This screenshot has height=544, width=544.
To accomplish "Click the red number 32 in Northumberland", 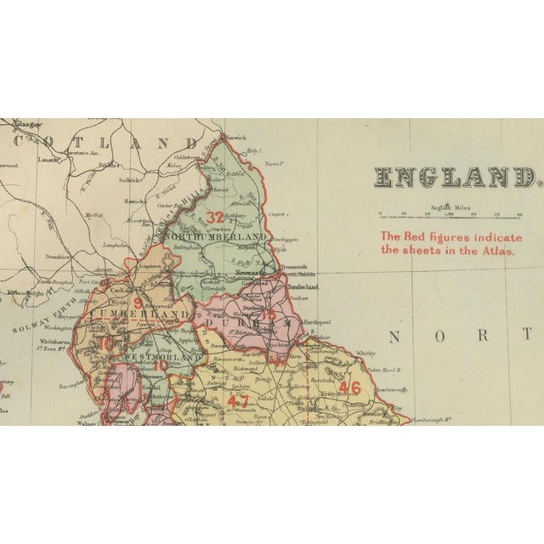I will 216,216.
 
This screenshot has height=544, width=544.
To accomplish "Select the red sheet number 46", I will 348,388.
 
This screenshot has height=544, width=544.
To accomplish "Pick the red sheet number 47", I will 239,400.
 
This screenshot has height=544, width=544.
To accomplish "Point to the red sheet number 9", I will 138,298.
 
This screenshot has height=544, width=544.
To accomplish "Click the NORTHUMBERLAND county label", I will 216,235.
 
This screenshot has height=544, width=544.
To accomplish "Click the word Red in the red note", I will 417,235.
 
